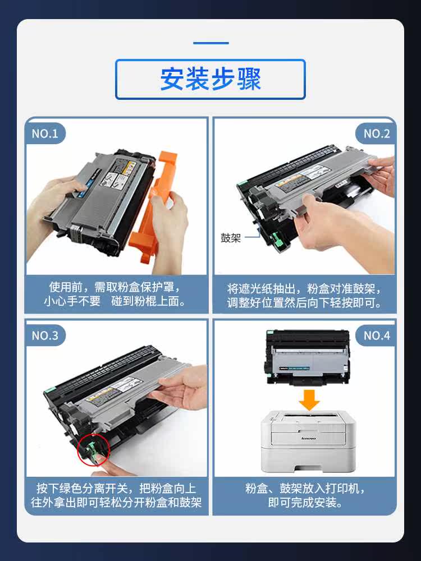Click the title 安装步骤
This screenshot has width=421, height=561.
(210, 79)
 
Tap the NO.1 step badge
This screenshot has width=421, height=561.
(45, 134)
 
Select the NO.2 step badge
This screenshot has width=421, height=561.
(376, 134)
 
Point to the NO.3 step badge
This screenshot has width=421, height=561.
(45, 335)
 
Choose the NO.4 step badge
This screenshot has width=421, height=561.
(376, 335)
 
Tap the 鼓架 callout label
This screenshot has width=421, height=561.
(231, 238)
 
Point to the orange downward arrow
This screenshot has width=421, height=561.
(309, 399)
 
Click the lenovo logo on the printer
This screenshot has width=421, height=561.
(309, 438)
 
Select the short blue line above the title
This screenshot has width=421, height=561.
(211, 43)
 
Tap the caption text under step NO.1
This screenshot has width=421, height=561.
(116, 294)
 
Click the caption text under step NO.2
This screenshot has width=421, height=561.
(304, 296)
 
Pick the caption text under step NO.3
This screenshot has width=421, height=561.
(116, 495)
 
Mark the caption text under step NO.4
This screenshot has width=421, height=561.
(305, 495)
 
